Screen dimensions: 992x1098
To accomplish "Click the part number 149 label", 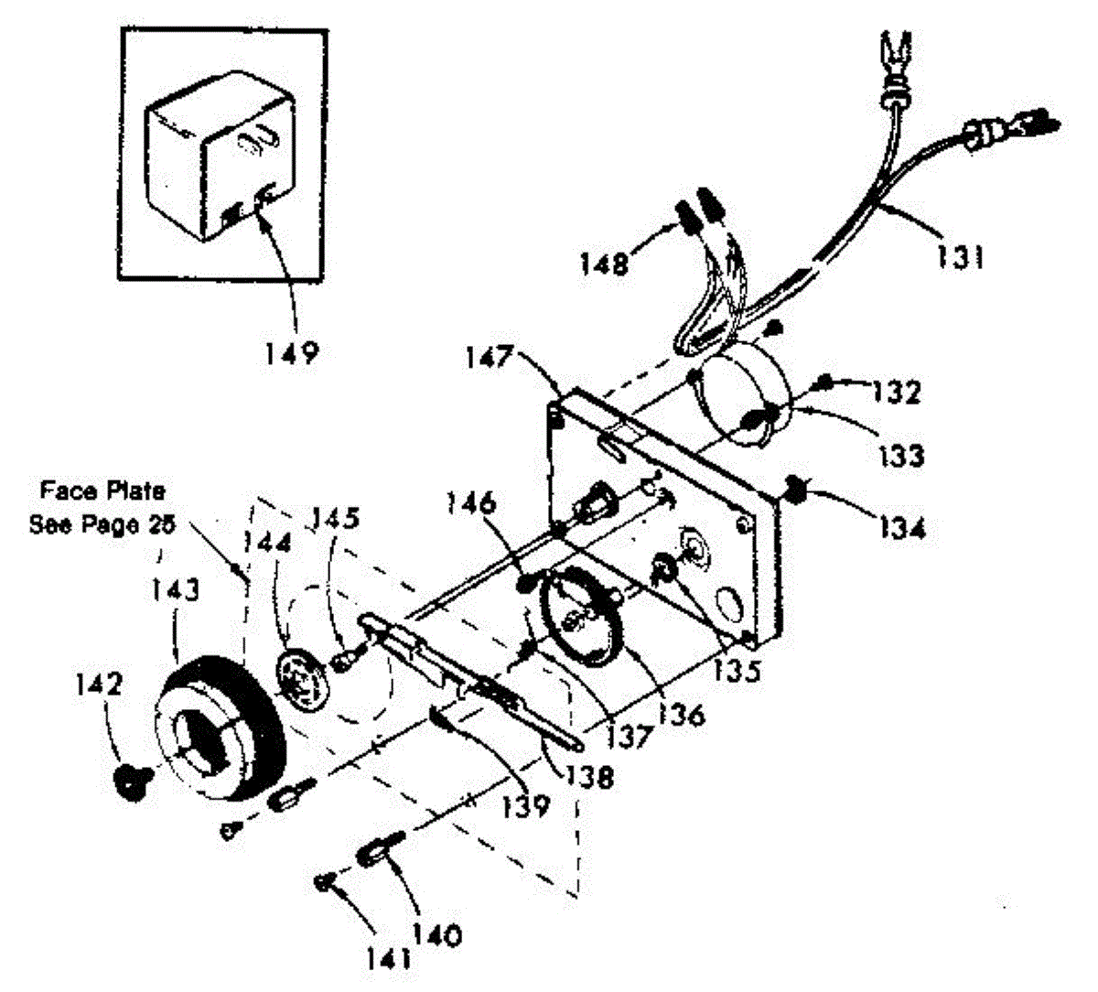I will coord(294,351).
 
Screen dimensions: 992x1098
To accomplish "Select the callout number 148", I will coord(603,264).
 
